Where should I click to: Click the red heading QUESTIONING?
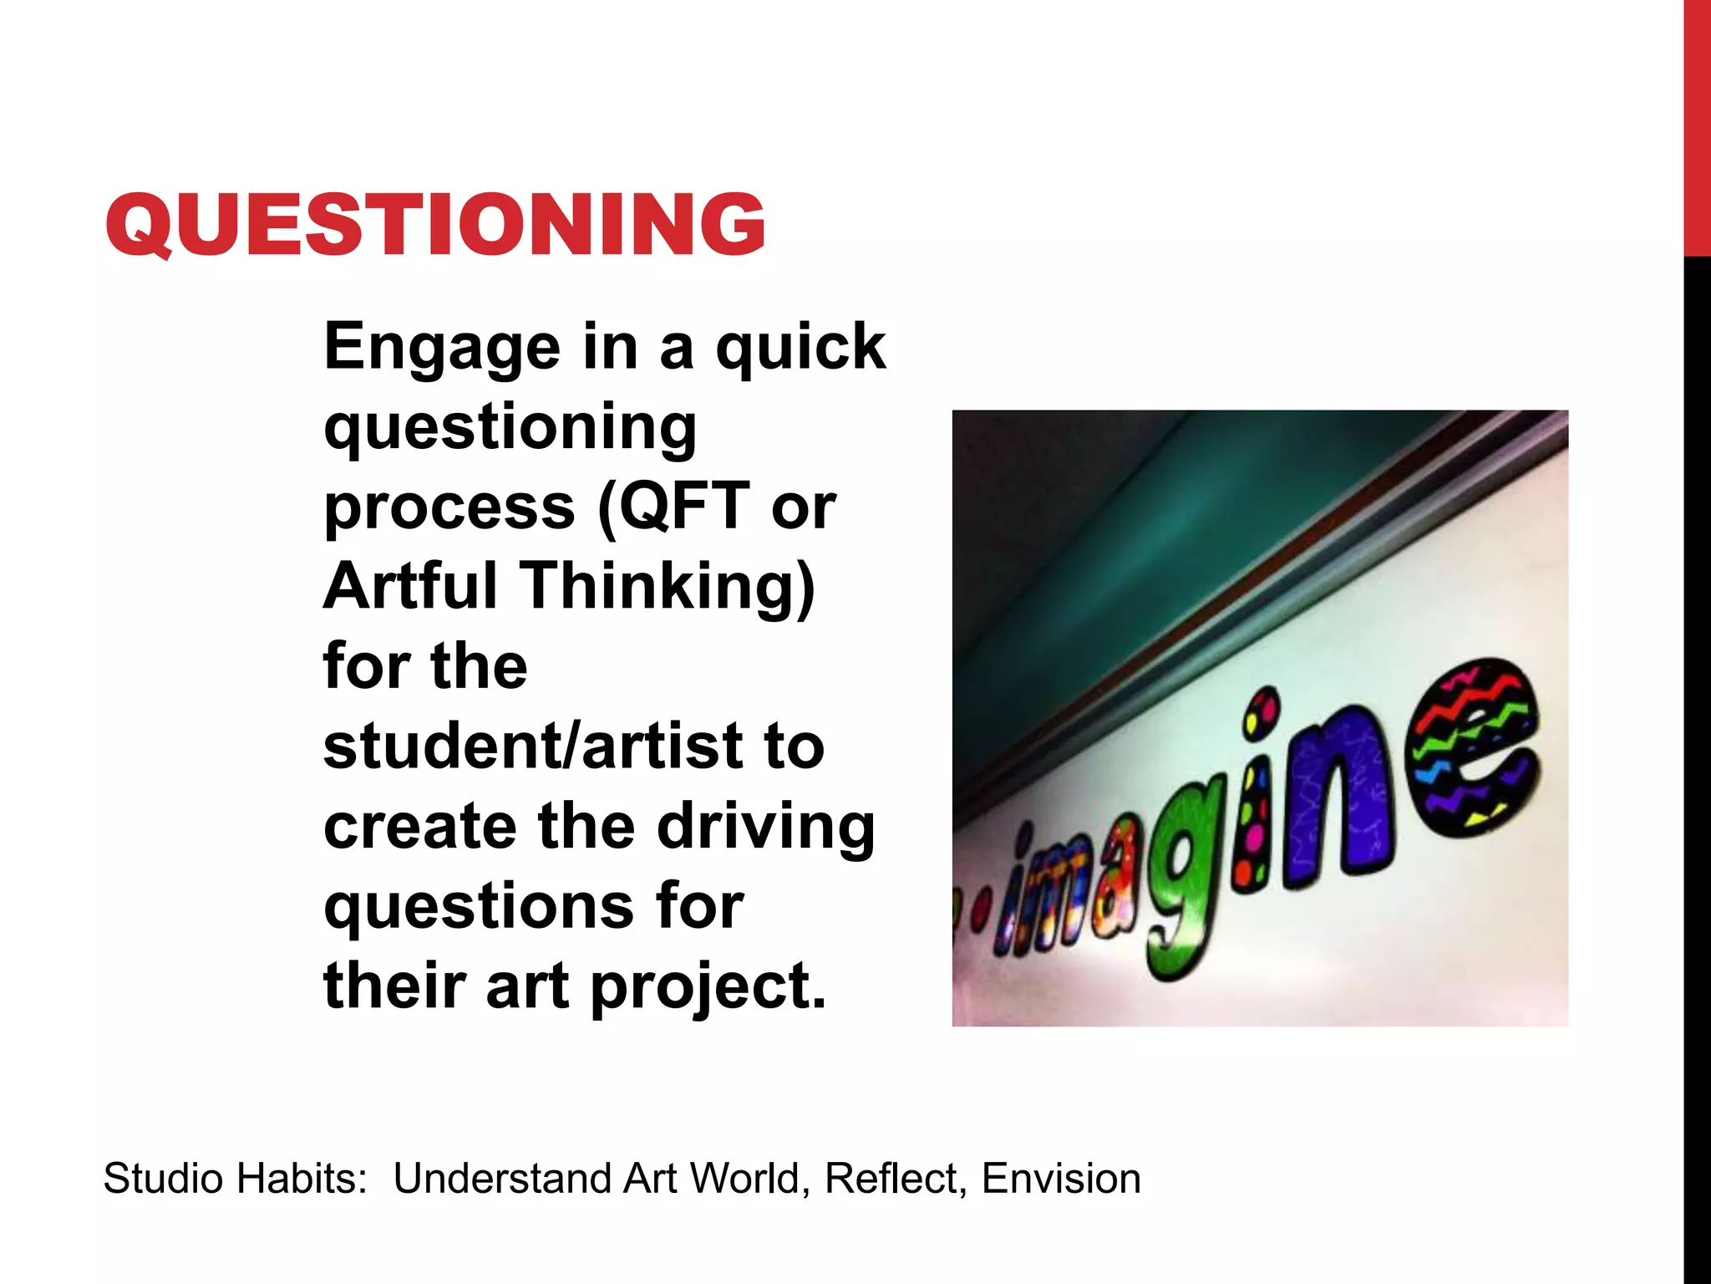(x=435, y=224)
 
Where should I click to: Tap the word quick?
(x=800, y=347)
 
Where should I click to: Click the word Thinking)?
(x=668, y=587)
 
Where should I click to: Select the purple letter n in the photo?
(x=1337, y=802)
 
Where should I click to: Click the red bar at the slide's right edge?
(x=1697, y=125)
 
